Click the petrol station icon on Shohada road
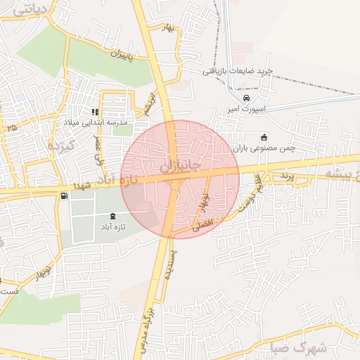click(65, 195)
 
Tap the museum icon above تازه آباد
click(115, 215)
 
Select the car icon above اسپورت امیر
click(246, 98)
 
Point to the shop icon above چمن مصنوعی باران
click(264, 137)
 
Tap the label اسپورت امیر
click(243, 110)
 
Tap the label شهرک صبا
click(309, 347)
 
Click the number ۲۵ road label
click(11, 128)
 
